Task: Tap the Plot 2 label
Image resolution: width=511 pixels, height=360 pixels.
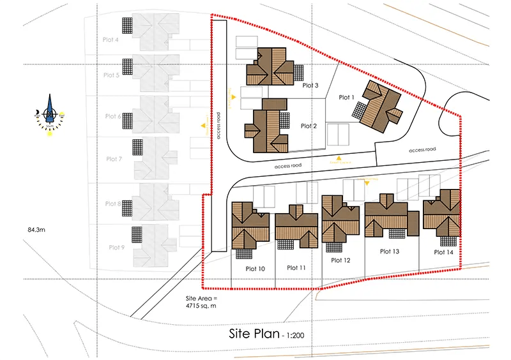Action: pos(309,126)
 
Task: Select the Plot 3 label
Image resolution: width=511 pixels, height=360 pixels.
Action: pos(310,85)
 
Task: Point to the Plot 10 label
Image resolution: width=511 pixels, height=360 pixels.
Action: pos(255,269)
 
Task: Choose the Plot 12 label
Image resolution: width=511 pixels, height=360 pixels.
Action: pos(340,260)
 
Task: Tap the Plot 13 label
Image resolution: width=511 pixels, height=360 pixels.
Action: pos(388,251)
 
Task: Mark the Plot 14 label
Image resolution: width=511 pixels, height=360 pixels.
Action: pos(443,252)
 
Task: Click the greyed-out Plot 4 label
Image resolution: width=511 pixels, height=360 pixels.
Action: pos(111,40)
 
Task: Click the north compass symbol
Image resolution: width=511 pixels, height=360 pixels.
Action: pos(49,115)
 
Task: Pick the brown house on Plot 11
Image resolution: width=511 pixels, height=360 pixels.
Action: pos(296,227)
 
